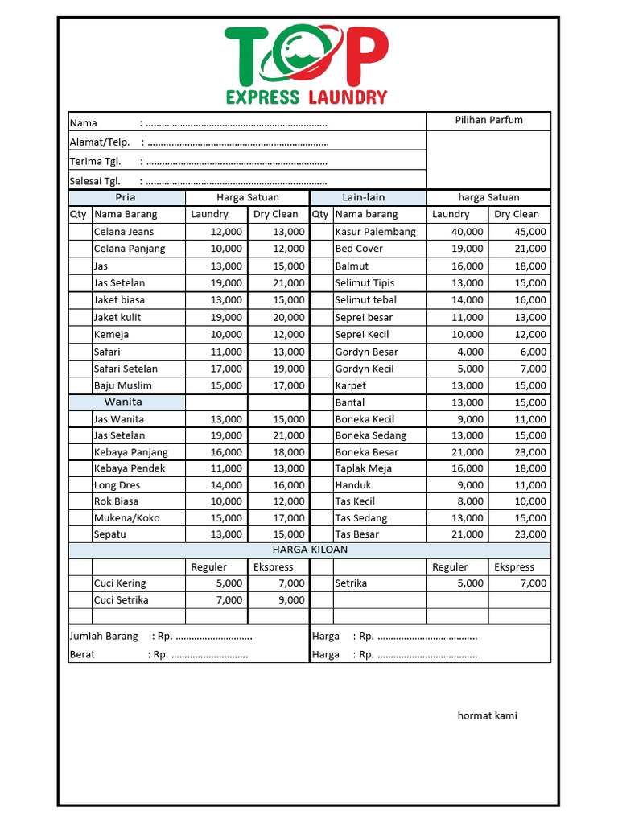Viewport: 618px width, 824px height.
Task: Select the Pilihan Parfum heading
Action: click(x=488, y=120)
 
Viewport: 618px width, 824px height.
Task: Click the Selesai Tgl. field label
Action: click(x=95, y=181)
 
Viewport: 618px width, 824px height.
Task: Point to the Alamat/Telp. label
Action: click(x=99, y=142)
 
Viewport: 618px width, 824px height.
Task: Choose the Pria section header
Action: click(x=126, y=197)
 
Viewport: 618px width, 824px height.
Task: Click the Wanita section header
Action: click(x=123, y=402)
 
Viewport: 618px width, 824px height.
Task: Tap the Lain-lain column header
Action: click(x=364, y=197)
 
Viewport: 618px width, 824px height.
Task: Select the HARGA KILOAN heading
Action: click(x=310, y=550)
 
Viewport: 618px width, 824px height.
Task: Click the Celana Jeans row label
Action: click(x=124, y=232)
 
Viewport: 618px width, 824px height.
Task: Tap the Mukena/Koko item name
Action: click(x=126, y=518)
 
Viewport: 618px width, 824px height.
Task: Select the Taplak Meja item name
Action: click(x=363, y=468)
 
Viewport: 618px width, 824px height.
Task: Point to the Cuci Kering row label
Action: click(x=120, y=583)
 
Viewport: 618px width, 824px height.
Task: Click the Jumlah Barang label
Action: click(x=104, y=637)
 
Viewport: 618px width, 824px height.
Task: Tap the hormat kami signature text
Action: click(x=487, y=715)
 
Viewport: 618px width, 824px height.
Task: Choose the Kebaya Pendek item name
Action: click(x=130, y=468)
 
